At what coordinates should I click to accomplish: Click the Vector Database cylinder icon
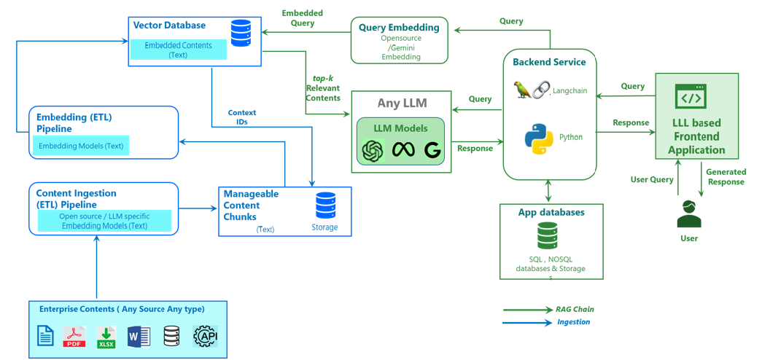pyautogui.click(x=241, y=34)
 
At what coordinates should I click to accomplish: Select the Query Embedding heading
pyautogui.click(x=399, y=28)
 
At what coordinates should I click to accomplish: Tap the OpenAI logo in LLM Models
pyautogui.click(x=373, y=150)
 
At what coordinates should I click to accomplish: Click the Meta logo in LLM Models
pyautogui.click(x=403, y=150)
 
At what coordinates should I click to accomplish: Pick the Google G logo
pyautogui.click(x=432, y=150)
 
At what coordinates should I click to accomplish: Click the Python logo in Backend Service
pyautogui.click(x=538, y=139)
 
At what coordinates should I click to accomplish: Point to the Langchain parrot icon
pyautogui.click(x=523, y=90)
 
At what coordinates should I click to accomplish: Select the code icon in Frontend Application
pyautogui.click(x=690, y=97)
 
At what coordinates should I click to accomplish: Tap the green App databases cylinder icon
pyautogui.click(x=548, y=236)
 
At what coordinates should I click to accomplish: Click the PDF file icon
pyautogui.click(x=74, y=337)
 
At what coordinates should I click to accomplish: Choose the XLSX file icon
pyautogui.click(x=106, y=337)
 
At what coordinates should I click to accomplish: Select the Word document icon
pyautogui.click(x=139, y=336)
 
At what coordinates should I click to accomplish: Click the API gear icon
pyautogui.click(x=206, y=336)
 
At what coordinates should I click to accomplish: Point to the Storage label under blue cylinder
pyautogui.click(x=324, y=227)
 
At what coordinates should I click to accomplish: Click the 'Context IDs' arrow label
pyautogui.click(x=242, y=117)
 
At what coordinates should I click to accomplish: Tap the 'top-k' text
pyautogui.click(x=322, y=78)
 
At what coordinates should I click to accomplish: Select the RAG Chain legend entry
pyautogui.click(x=575, y=309)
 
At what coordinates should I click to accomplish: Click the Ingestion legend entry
pyautogui.click(x=573, y=321)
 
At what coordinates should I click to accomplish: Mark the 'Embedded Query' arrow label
pyautogui.click(x=303, y=18)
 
